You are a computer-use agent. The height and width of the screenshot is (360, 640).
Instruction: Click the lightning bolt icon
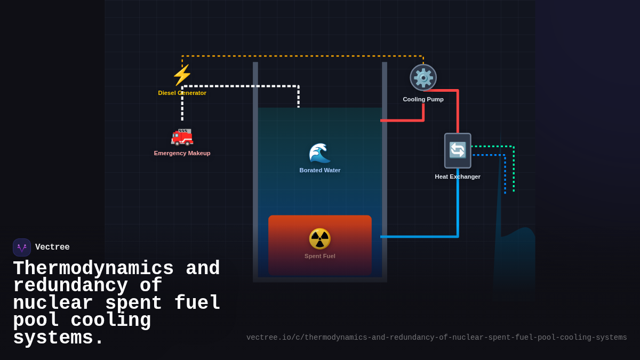pyautogui.click(x=182, y=75)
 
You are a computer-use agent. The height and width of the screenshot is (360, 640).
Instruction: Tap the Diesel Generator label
pyautogui.click(x=182, y=93)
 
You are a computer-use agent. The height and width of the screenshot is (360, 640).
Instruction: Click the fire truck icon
pyautogui.click(x=182, y=137)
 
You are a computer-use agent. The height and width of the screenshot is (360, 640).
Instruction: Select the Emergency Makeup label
pyautogui.click(x=182, y=153)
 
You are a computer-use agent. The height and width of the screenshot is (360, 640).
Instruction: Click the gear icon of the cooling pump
pyautogui.click(x=423, y=77)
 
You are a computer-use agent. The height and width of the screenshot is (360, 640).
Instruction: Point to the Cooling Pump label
pyautogui.click(x=423, y=99)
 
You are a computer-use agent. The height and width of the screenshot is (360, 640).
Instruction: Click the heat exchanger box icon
pyautogui.click(x=458, y=150)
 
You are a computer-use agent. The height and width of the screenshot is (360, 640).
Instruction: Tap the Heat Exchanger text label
pyautogui.click(x=458, y=177)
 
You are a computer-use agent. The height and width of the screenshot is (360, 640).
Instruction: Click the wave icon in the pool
pyautogui.click(x=319, y=153)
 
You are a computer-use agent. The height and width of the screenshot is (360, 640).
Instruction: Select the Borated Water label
pyautogui.click(x=319, y=170)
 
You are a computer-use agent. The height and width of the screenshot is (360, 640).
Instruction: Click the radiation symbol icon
pyautogui.click(x=319, y=239)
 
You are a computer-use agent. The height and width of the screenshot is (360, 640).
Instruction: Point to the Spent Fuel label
pyautogui.click(x=319, y=256)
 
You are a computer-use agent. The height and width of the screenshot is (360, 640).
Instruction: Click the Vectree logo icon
pyautogui.click(x=22, y=247)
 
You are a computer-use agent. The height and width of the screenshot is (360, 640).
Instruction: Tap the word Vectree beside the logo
pyautogui.click(x=52, y=247)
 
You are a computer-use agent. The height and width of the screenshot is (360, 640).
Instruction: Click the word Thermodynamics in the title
pyautogui.click(x=93, y=269)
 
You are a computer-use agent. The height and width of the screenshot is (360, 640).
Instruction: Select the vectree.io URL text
pyautogui.click(x=436, y=338)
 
